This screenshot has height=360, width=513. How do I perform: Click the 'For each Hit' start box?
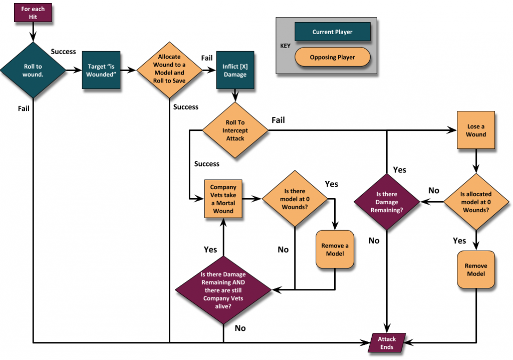pyautogui.click(x=33, y=13)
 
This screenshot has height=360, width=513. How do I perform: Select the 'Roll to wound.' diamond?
pyautogui.click(x=33, y=70)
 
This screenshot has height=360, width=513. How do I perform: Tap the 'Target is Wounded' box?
pyautogui.click(x=101, y=70)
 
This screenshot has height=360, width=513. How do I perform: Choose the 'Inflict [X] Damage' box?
pyautogui.click(x=235, y=70)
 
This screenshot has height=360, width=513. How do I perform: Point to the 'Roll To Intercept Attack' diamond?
pyautogui.click(x=235, y=131)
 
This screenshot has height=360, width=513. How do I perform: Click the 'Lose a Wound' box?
pyautogui.click(x=475, y=130)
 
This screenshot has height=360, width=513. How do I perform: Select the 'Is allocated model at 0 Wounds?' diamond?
pyautogui.click(x=475, y=202)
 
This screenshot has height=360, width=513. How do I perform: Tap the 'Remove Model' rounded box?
pyautogui.click(x=475, y=270)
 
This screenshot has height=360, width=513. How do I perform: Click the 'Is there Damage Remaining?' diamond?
pyautogui.click(x=386, y=202)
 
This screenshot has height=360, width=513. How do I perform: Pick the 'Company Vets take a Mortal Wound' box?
pyautogui.click(x=223, y=199)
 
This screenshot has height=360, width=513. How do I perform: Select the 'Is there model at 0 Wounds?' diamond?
pyautogui.click(x=295, y=199)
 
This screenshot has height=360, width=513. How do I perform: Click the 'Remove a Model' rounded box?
pyautogui.click(x=335, y=249)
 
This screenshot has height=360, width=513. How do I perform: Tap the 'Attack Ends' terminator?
pyautogui.click(x=386, y=343)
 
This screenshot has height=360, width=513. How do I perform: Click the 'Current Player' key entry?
pyautogui.click(x=332, y=32)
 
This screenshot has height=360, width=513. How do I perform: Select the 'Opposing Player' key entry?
pyautogui.click(x=332, y=57)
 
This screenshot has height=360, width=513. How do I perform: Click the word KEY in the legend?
pyautogui.click(x=285, y=45)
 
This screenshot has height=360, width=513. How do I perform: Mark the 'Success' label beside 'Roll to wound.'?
pyautogui.click(x=64, y=52)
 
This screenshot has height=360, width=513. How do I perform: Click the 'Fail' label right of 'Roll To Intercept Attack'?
pyautogui.click(x=279, y=120)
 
